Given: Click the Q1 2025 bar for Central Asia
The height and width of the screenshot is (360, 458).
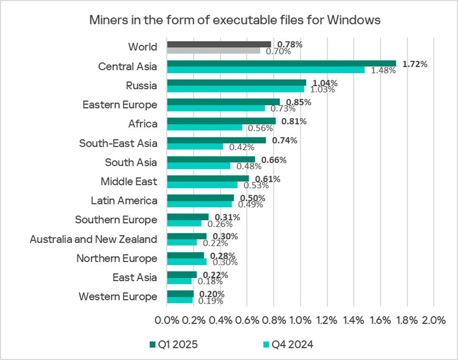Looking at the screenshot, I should pos(281,63).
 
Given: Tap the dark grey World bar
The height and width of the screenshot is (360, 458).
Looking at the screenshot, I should pos(219,44).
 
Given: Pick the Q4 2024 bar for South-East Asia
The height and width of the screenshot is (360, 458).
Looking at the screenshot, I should pos(195,147).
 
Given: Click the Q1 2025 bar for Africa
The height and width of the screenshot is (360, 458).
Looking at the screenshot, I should pos(221,121).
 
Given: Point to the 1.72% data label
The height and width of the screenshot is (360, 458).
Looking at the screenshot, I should pos(415,64).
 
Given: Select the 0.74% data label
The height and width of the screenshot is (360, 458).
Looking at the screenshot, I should pos(285,141).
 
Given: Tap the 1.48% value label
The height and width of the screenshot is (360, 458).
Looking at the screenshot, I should pos(383,71).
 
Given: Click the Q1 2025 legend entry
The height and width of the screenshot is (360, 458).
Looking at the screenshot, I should pos(176,345).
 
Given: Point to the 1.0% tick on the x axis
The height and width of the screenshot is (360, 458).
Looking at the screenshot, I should pos(300,320).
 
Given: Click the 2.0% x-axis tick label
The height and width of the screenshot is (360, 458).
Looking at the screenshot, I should pos(433,320).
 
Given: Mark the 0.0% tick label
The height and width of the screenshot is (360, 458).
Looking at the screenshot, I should pos(167,320).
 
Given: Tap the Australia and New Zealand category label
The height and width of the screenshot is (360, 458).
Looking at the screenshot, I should pos(93,239).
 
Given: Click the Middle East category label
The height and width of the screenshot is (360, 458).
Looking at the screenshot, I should pos(129,182).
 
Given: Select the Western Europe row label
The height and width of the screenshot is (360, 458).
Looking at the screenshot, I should pos(118,296).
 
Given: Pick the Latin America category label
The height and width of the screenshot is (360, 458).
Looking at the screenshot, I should pos(124,201).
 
